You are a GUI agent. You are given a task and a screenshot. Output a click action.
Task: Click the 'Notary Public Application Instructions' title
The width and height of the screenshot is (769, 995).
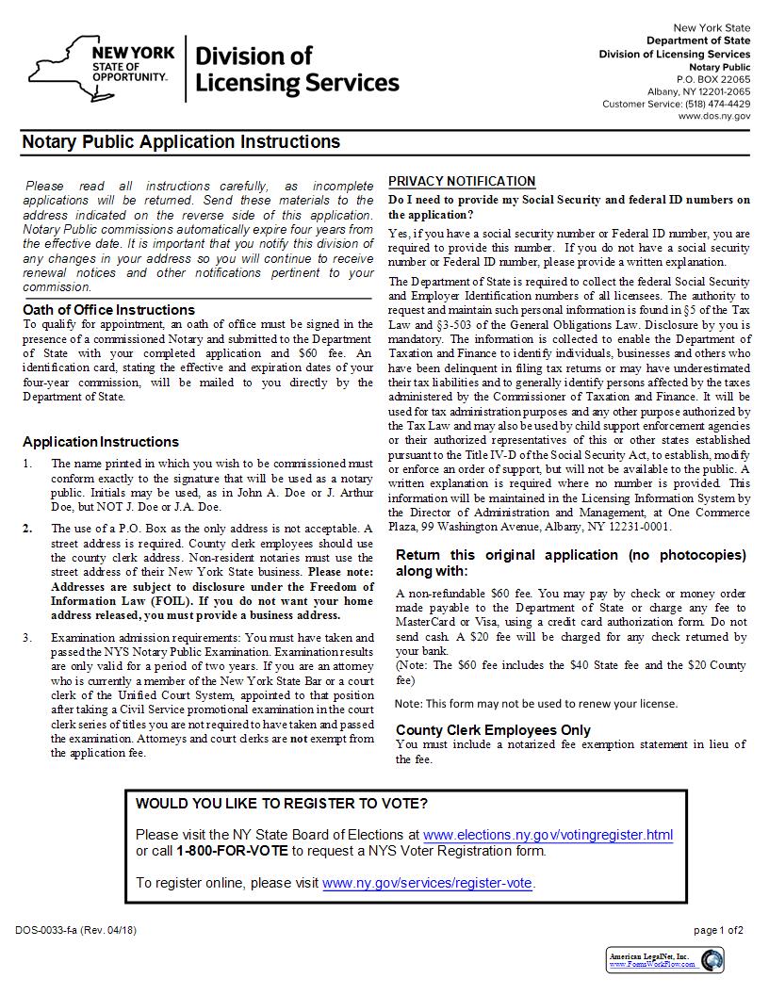pyautogui.click(x=181, y=142)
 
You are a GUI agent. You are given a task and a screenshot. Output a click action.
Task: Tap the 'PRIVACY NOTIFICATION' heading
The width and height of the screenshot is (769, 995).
pyautogui.click(x=462, y=181)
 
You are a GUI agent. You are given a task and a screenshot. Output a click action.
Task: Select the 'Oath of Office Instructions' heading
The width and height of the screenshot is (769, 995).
pyautogui.click(x=108, y=309)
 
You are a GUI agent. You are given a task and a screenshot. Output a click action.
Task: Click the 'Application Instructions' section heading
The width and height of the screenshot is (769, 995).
pyautogui.click(x=101, y=442)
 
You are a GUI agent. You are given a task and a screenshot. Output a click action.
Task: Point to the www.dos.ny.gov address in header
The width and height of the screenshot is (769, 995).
pyautogui.click(x=714, y=116)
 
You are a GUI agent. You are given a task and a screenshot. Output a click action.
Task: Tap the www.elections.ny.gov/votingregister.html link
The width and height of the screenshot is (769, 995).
pyautogui.click(x=548, y=835)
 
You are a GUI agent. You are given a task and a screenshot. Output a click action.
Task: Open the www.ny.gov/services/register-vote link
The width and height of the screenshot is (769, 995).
pyautogui.click(x=427, y=883)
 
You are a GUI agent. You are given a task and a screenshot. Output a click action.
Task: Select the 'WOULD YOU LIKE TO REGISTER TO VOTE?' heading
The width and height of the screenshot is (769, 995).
pyautogui.click(x=282, y=804)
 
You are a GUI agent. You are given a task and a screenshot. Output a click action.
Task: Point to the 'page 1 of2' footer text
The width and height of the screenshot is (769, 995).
pyautogui.click(x=718, y=930)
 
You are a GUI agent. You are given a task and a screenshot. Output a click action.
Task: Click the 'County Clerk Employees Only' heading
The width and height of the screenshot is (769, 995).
pyautogui.click(x=493, y=729)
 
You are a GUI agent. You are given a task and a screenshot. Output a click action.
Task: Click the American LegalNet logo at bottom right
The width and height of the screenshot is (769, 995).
pyautogui.click(x=665, y=960)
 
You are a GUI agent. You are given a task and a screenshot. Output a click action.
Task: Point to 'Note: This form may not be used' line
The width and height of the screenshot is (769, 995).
pyautogui.click(x=536, y=703)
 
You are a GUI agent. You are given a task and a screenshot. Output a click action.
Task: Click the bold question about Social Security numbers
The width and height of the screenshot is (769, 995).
pyautogui.click(x=569, y=206)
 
